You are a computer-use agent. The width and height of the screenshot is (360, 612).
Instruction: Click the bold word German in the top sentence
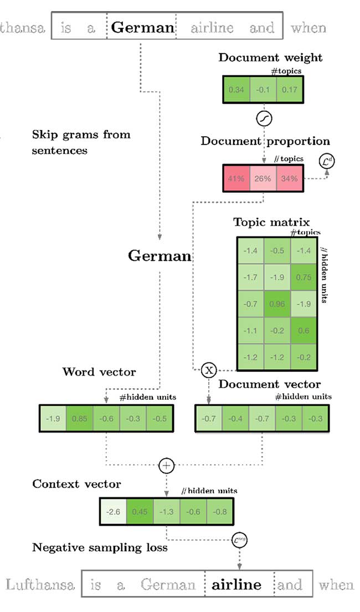pyautogui.click(x=142, y=27)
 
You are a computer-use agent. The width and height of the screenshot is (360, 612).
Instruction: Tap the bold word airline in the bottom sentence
pyautogui.click(x=236, y=584)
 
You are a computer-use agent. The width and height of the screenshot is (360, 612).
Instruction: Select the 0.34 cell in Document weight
pyautogui.click(x=236, y=89)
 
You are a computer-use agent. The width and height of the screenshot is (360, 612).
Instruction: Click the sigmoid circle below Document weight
pyautogui.click(x=264, y=119)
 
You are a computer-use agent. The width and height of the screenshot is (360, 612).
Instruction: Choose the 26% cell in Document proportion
pyautogui.click(x=264, y=178)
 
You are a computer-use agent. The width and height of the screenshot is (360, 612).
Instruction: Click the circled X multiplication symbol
pyautogui.click(x=208, y=370)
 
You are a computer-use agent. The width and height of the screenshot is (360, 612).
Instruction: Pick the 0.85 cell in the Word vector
pyautogui.click(x=79, y=419)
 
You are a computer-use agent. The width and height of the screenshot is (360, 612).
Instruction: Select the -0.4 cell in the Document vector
pyautogui.click(x=236, y=419)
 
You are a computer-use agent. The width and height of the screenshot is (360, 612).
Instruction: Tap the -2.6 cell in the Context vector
pyautogui.click(x=113, y=512)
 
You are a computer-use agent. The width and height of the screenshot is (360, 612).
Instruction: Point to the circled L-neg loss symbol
pyautogui.click(x=240, y=539)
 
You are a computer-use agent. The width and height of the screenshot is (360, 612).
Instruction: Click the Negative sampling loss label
pyautogui.click(x=100, y=548)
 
